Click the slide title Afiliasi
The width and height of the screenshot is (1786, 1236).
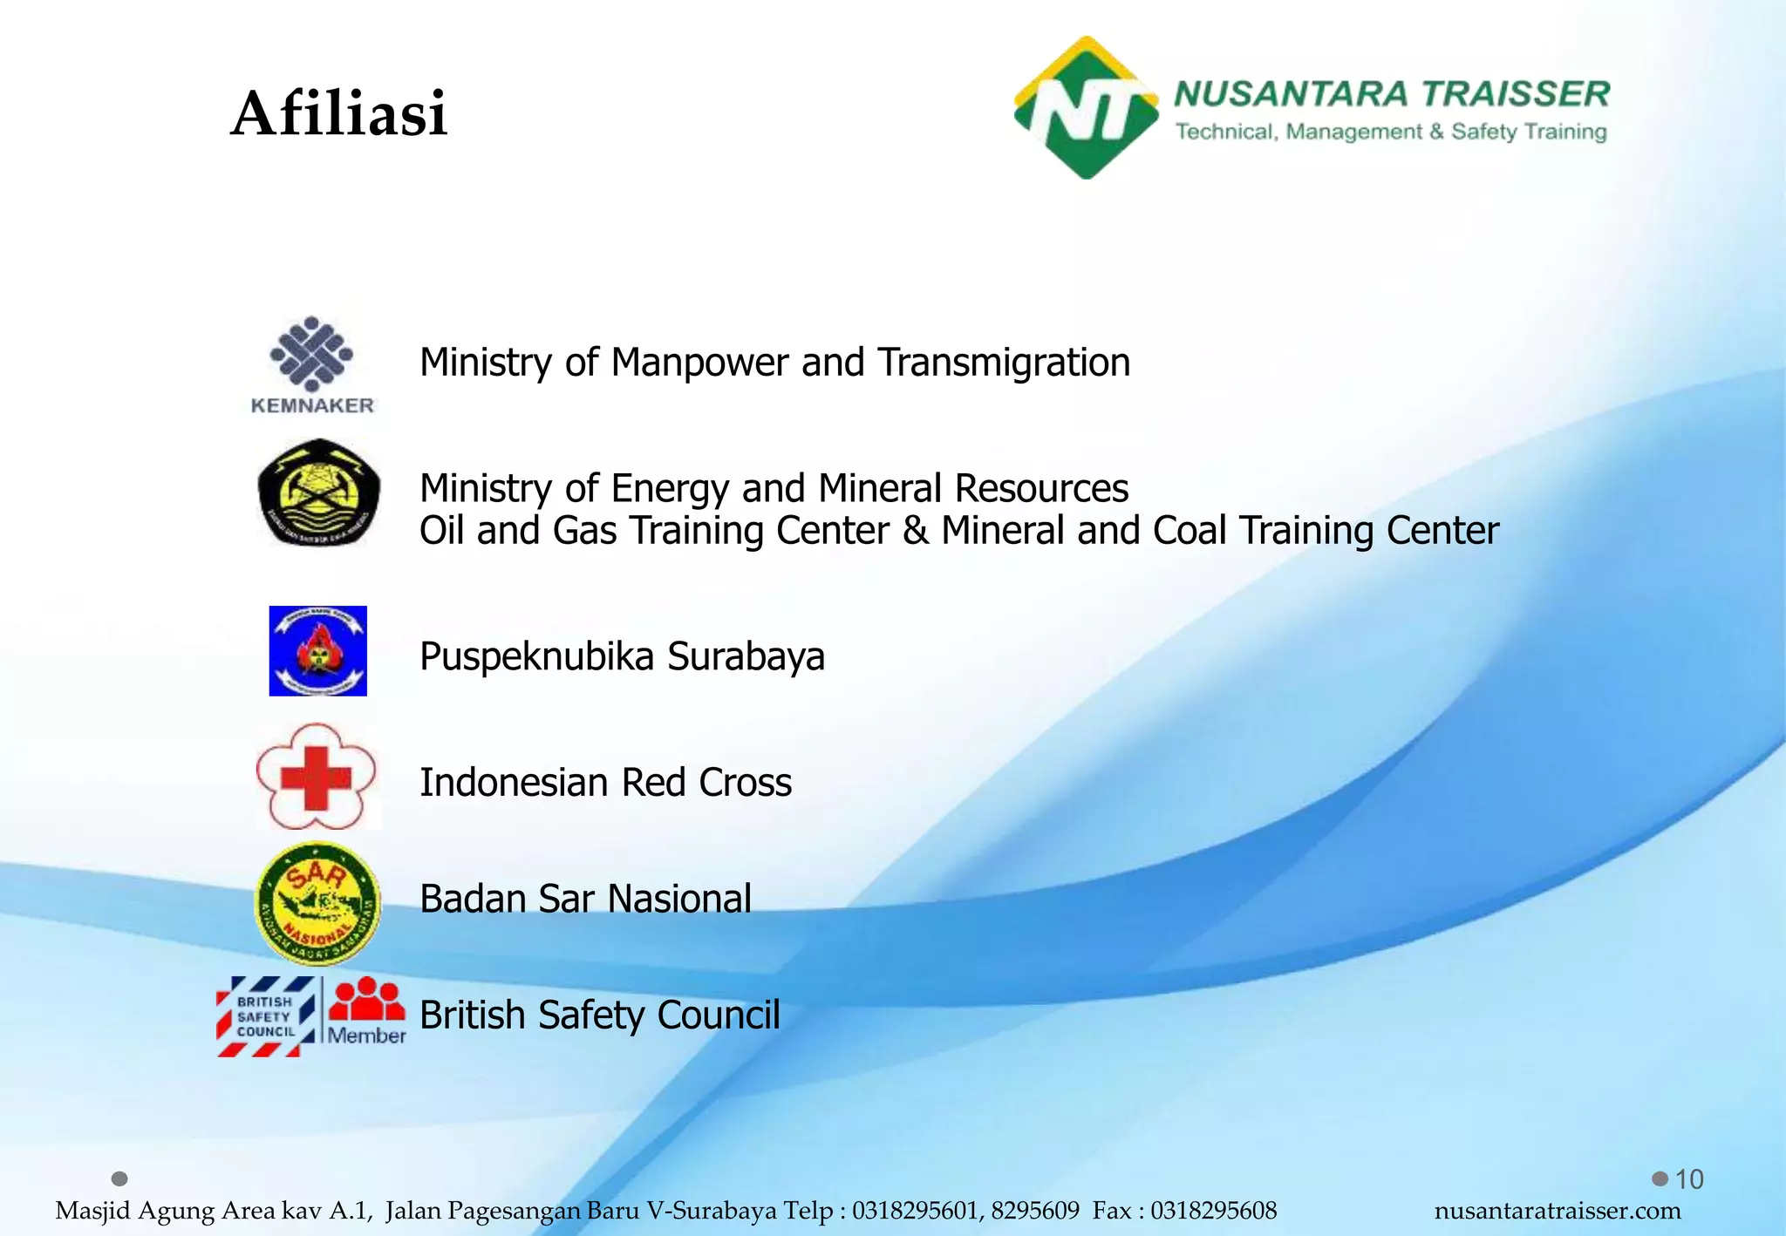[x=339, y=114]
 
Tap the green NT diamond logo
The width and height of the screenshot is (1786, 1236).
[x=1086, y=108]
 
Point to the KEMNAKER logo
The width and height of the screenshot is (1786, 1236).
[x=312, y=365]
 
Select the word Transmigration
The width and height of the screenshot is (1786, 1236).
[x=1004, y=363]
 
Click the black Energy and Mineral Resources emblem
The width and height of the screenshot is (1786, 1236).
[x=318, y=492]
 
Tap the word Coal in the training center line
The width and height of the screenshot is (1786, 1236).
[x=1190, y=531]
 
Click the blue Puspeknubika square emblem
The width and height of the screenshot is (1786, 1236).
[x=317, y=651]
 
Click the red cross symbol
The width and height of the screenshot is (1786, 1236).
[x=316, y=776]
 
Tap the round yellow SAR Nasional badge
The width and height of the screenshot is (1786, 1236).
[x=317, y=903]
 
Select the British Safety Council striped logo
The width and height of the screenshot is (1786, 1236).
[x=266, y=1016]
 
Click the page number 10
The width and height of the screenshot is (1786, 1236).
[x=1689, y=1179]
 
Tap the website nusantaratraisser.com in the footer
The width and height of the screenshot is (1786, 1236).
[x=1558, y=1211]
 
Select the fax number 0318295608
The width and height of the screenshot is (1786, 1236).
[x=1213, y=1211]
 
